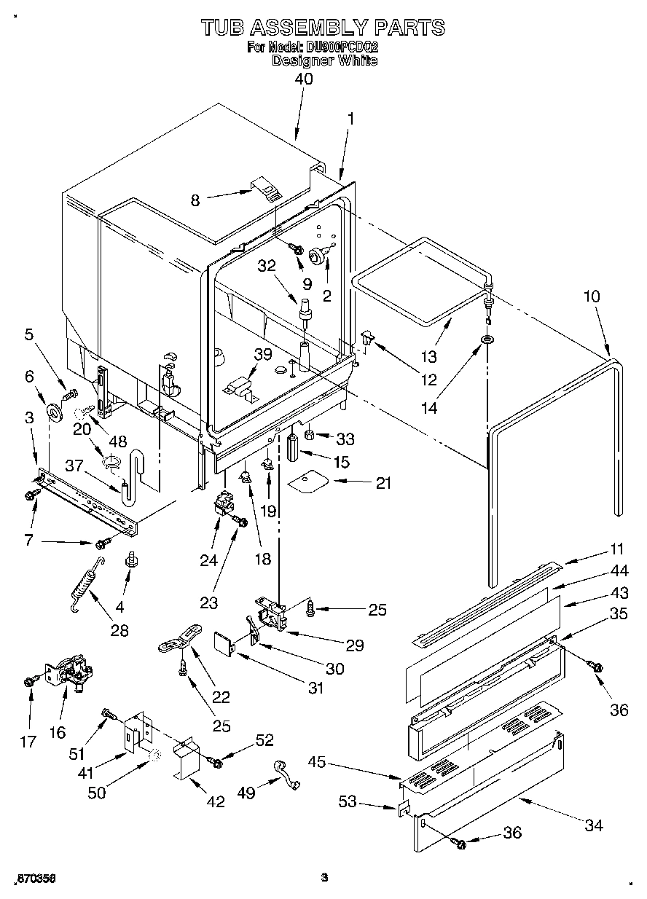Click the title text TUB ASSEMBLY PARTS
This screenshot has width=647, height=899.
click(323, 27)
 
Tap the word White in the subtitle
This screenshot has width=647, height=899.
click(358, 60)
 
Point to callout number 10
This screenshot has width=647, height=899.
click(592, 297)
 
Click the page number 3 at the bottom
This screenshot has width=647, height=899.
click(325, 878)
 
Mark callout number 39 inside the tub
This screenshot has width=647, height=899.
click(262, 354)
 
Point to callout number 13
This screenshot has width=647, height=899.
click(428, 356)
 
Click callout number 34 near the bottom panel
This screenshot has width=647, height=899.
click(594, 825)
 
